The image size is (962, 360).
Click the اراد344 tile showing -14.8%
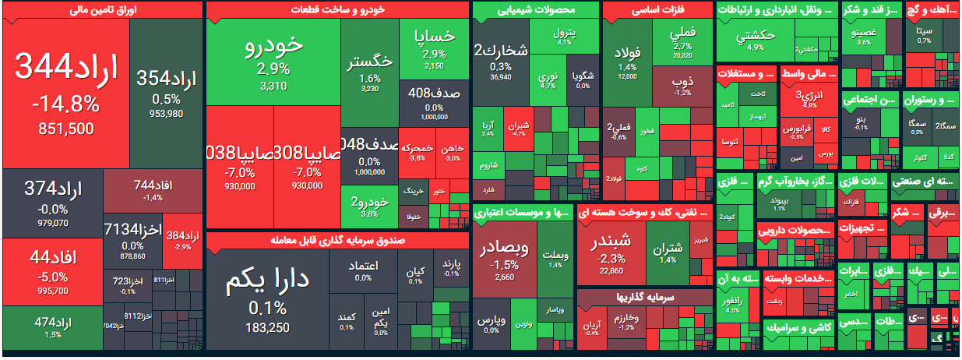[x=65, y=92]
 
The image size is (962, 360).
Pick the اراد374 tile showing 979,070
[x=53, y=203]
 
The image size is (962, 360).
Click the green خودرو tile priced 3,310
[x=273, y=62]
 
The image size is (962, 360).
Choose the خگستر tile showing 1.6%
[x=370, y=70]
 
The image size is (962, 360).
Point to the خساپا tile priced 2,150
[x=434, y=48]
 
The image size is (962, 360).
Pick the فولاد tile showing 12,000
[x=627, y=62]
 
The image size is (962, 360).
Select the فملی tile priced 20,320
[x=682, y=43]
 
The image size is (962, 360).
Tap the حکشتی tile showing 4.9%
[x=755, y=39]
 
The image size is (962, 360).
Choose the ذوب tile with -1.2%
[x=682, y=86]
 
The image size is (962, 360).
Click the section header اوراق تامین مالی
[x=104, y=10]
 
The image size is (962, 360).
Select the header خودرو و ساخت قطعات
[x=337, y=10]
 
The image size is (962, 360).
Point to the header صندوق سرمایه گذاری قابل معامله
[x=337, y=240]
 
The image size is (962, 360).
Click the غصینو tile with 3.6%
[x=863, y=36]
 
